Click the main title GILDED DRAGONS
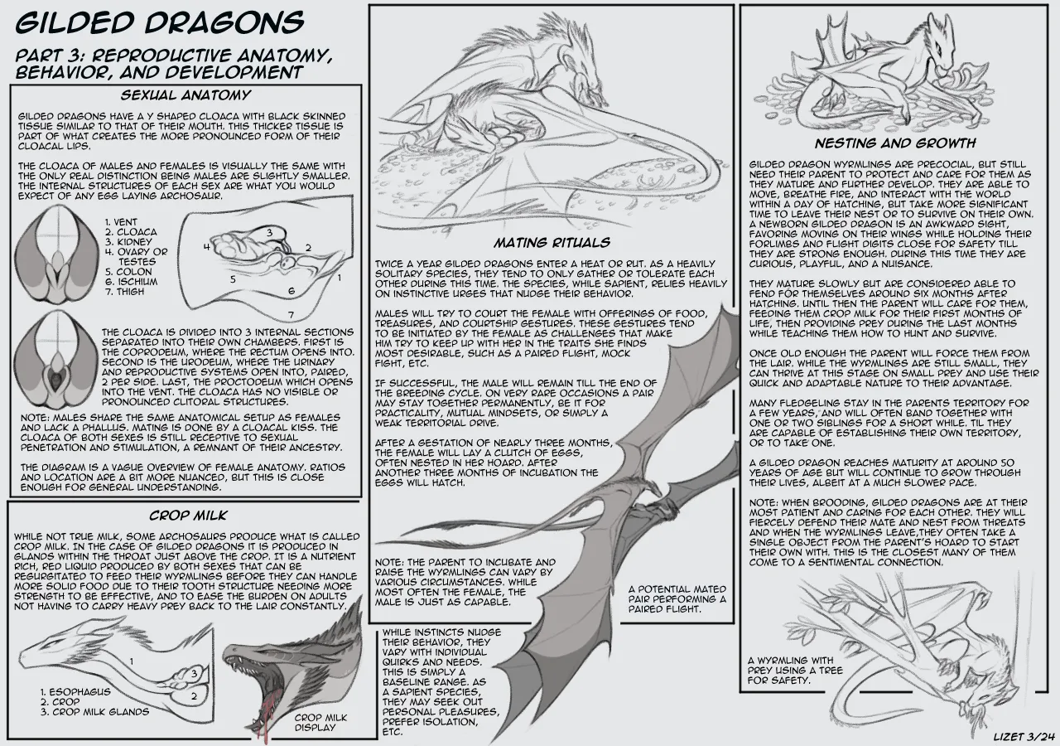(160, 22)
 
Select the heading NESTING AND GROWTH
(895, 143)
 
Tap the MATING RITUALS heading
(552, 243)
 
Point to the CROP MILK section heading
(188, 516)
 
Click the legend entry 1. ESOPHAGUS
(75, 692)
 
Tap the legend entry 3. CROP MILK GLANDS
(94, 712)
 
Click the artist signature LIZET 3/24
(1024, 737)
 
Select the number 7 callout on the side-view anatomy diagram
(291, 314)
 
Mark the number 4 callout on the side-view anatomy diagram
(207, 246)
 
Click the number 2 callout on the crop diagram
(194, 695)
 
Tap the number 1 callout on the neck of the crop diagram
(132, 661)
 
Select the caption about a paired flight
(677, 599)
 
